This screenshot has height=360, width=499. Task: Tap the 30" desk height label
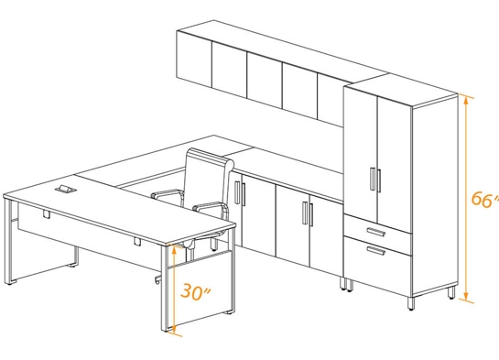point(194,292)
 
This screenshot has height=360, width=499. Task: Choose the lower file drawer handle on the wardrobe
point(374,250)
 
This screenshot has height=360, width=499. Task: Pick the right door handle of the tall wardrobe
point(377,180)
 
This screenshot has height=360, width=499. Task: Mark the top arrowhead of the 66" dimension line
point(467,98)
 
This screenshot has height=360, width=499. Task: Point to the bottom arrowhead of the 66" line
point(467,297)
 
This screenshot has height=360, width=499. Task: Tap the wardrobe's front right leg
point(453,294)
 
